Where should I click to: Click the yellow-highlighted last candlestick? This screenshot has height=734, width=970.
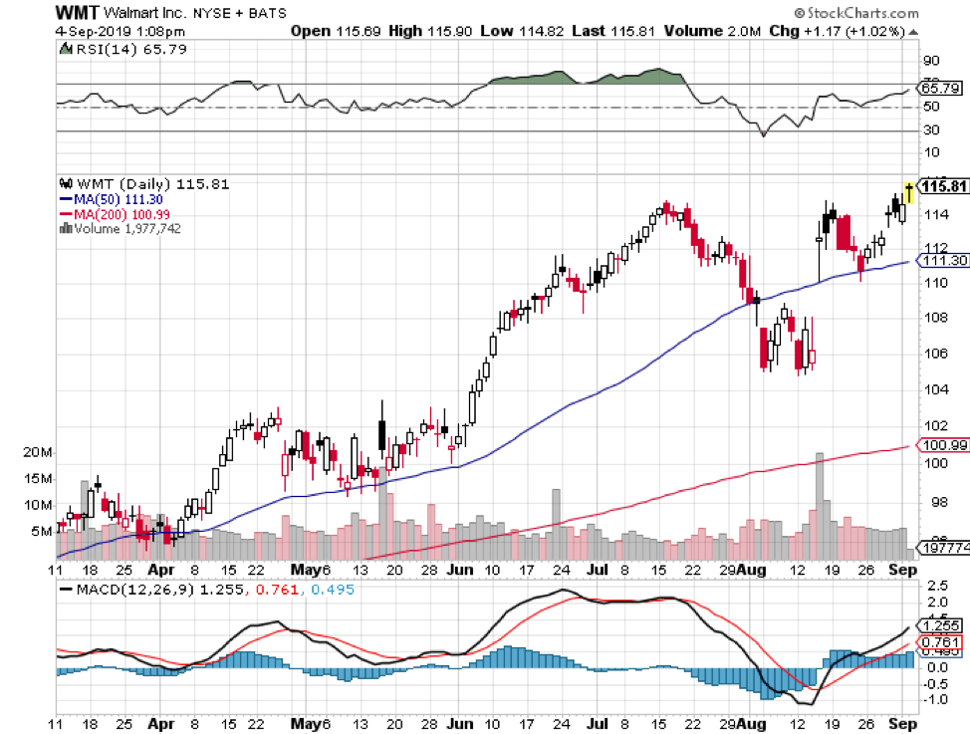pos(908,188)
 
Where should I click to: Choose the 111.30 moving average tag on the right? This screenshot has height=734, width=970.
pos(941,261)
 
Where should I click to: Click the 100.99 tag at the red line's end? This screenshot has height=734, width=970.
pos(941,445)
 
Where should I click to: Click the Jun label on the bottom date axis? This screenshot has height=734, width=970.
pos(460,570)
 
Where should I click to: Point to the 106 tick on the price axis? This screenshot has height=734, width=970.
pos(935,353)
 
